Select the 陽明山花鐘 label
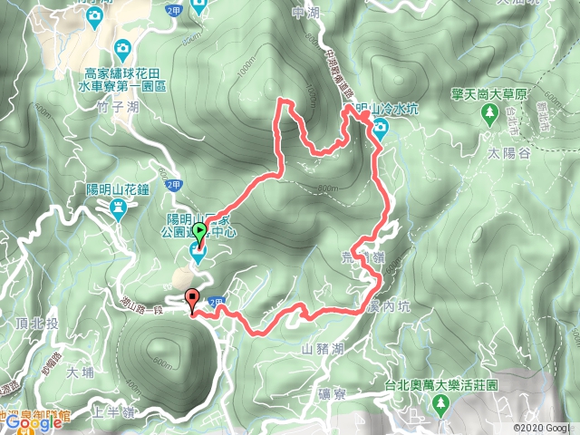[117, 188]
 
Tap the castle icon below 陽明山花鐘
[117, 209]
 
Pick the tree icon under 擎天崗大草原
[490, 114]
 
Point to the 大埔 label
[80, 371]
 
